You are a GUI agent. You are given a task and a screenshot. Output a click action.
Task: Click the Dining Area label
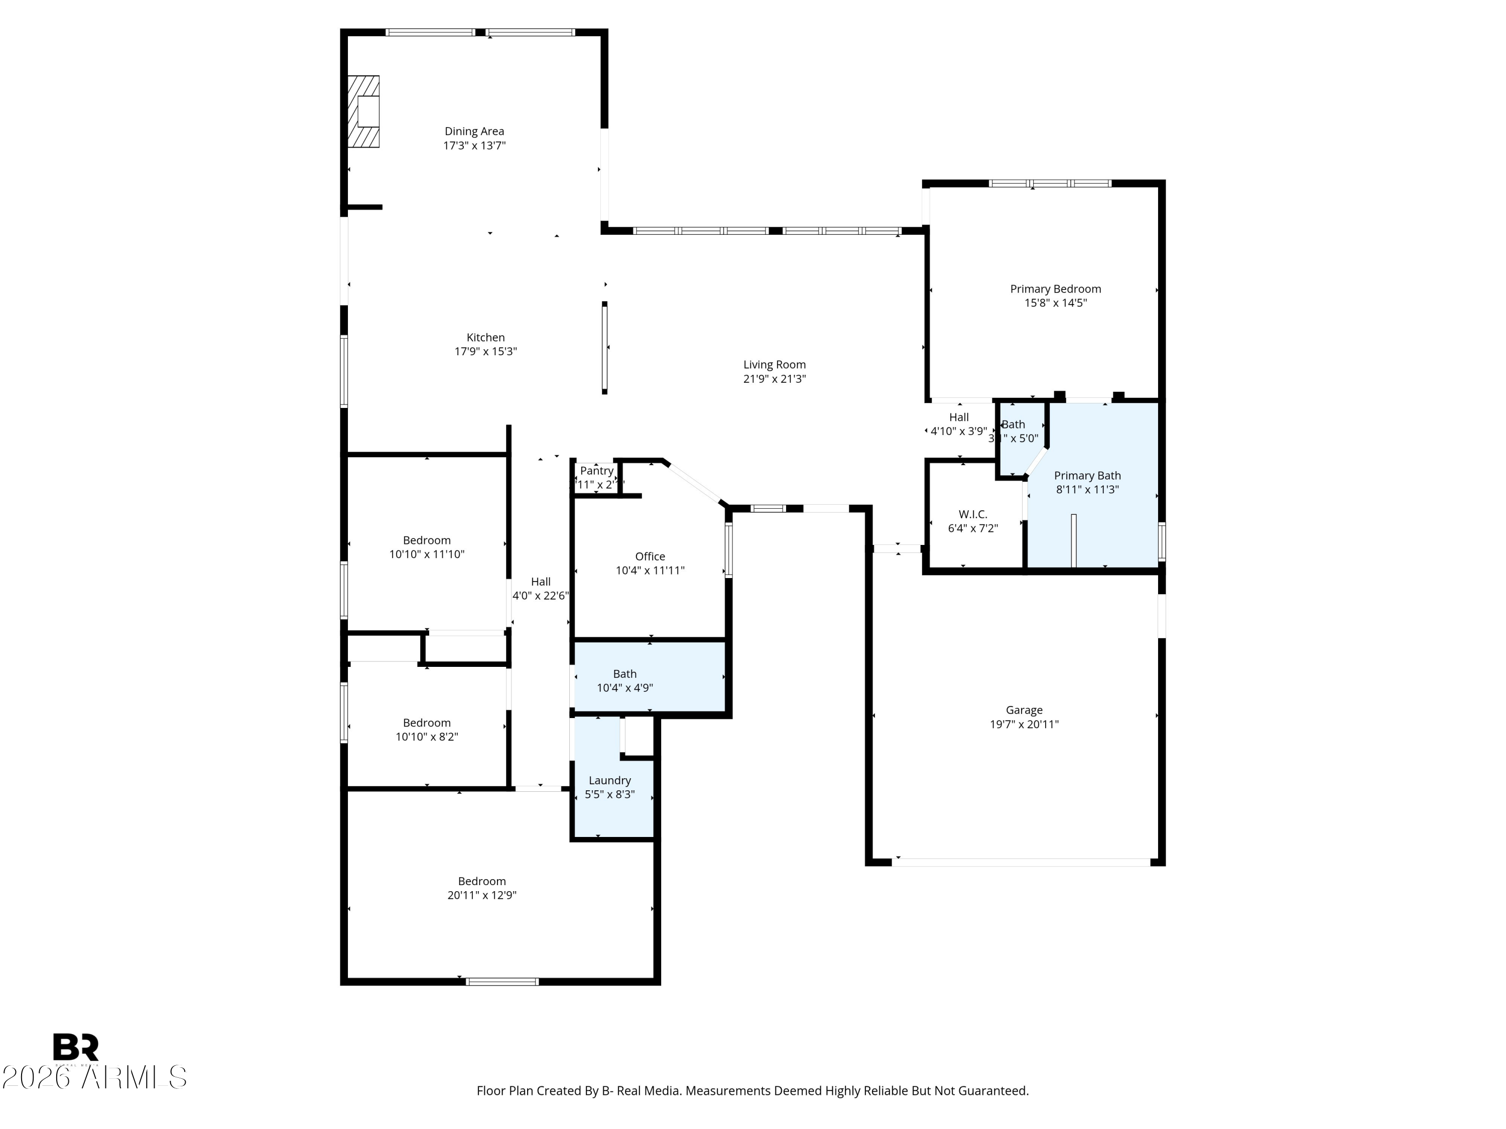pos(474,131)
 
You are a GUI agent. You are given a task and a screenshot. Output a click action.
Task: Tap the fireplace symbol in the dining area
pos(363,111)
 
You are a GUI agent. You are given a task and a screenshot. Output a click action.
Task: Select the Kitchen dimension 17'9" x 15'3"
pos(485,352)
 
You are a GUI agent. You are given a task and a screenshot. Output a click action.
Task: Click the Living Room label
pos(774,365)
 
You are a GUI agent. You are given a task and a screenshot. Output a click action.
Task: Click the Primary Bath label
pos(1087,476)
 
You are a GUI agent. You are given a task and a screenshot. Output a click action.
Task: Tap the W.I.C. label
pos(972,514)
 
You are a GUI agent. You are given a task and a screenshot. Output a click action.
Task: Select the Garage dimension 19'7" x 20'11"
pos(1024,724)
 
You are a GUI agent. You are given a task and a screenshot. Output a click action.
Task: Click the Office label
pos(650,556)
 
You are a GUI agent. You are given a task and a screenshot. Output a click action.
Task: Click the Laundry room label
pos(609,781)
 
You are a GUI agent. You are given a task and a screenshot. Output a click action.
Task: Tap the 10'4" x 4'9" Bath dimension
pos(624,688)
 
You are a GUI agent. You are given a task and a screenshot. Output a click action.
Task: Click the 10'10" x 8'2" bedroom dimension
pos(426,737)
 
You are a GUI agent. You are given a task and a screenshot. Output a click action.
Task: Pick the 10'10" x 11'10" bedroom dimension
pos(426,554)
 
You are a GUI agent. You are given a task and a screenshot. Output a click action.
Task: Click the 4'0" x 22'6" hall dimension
pos(541,596)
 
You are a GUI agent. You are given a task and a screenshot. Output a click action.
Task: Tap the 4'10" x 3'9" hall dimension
pos(959,431)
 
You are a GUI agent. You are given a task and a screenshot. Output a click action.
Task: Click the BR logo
pos(76,1047)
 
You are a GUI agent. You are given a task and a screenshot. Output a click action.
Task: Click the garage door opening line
pos(1021,862)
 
